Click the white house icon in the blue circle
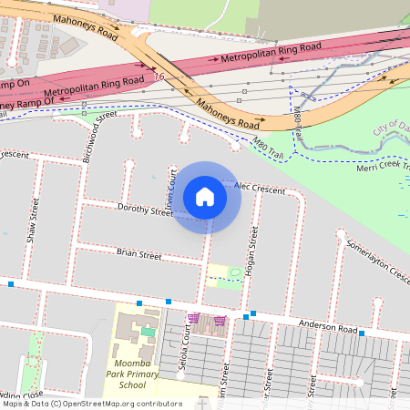tap(205, 197)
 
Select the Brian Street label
tap(138, 255)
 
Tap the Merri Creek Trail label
tap(381, 167)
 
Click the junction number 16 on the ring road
tap(159, 77)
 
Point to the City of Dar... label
tap(391, 128)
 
